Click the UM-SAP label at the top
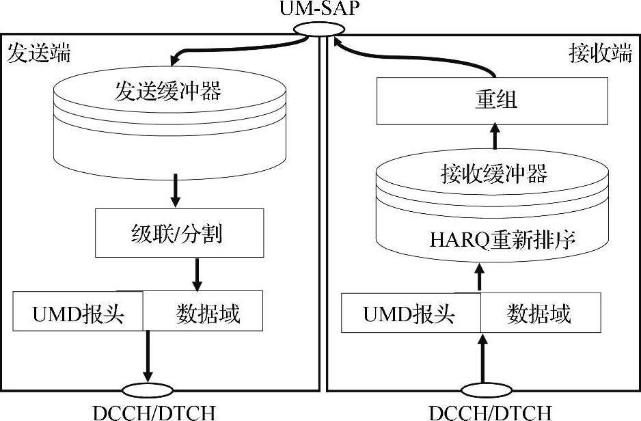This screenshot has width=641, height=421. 320,10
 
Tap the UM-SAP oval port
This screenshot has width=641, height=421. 320,30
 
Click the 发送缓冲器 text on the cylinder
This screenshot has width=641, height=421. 167,92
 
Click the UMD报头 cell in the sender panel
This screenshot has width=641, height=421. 78,314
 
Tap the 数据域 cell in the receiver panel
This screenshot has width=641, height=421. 539,314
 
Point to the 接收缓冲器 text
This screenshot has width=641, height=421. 492,174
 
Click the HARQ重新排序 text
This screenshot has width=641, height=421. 491,240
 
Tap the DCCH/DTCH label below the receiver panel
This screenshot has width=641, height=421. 491,412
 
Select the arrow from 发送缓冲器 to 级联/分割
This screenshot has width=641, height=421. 175,189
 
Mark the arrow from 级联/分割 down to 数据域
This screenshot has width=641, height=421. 197,273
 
